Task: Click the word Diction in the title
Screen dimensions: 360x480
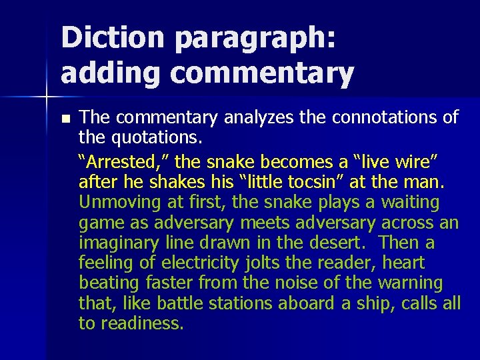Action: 111,37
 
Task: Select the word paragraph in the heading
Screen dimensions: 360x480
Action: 254,39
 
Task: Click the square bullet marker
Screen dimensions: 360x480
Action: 65,119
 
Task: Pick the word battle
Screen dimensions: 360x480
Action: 181,304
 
